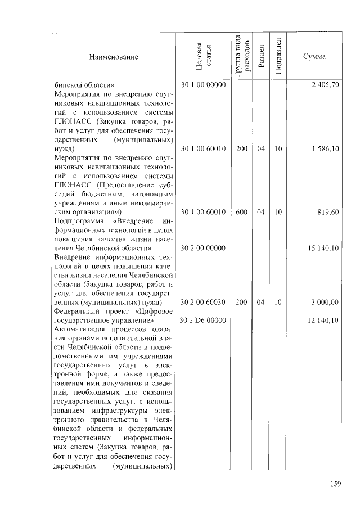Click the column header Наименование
click(x=112, y=57)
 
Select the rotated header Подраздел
click(x=278, y=57)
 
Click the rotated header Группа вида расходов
click(x=241, y=57)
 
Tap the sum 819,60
click(x=326, y=213)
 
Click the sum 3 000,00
click(x=324, y=303)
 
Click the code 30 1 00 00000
click(x=203, y=85)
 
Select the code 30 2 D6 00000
click(x=203, y=321)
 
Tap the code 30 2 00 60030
click(x=203, y=303)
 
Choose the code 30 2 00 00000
click(x=203, y=248)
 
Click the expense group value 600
click(x=242, y=213)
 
